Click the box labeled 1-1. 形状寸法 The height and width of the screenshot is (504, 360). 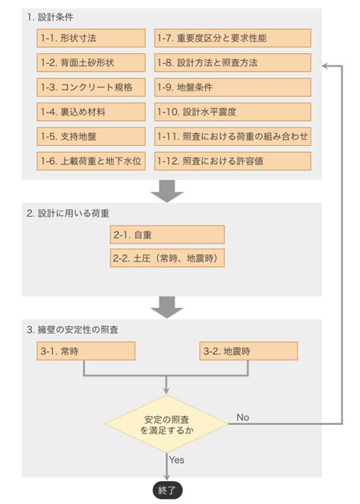[91, 38]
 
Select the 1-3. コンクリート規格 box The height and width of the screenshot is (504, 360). [91, 87]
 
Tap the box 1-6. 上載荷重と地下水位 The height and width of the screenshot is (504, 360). [91, 160]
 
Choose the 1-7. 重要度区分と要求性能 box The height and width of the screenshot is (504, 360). [232, 38]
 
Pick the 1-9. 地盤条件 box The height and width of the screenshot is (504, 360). [232, 87]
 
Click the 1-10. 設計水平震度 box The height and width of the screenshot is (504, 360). [232, 112]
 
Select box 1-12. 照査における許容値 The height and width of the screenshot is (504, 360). [232, 160]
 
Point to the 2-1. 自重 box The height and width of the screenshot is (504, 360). [167, 235]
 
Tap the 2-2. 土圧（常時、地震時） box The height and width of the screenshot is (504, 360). [167, 258]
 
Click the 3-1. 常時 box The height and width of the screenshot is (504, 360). [86, 351]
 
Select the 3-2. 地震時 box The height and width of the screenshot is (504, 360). [248, 351]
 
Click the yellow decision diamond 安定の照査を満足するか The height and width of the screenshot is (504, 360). [166, 424]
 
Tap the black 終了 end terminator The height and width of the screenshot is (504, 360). [167, 490]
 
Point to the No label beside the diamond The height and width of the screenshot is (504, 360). [243, 417]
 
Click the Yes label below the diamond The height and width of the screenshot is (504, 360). [177, 460]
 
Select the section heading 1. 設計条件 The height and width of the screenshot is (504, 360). [50, 17]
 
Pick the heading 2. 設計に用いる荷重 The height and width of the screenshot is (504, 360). [68, 214]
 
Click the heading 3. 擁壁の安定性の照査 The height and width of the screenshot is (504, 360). [73, 330]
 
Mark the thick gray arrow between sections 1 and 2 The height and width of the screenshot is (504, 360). [167, 191]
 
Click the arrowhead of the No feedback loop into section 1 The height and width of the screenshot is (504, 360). [324, 66]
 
